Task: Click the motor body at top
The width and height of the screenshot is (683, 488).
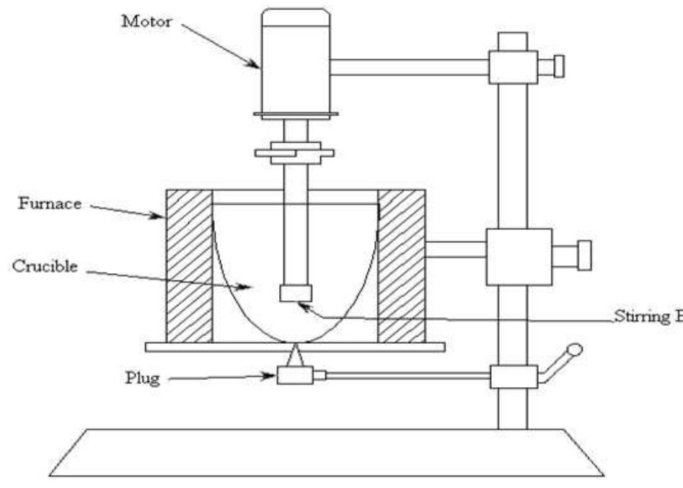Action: pyautogui.click(x=294, y=65)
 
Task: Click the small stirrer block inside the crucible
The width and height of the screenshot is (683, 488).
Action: pyautogui.click(x=295, y=293)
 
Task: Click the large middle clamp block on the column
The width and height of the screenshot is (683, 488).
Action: pyautogui.click(x=519, y=256)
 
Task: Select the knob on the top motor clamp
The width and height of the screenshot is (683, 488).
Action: pyautogui.click(x=556, y=66)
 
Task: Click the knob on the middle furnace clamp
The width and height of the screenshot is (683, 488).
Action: pyautogui.click(x=583, y=256)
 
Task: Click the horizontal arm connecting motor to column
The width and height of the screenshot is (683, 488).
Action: pyautogui.click(x=409, y=66)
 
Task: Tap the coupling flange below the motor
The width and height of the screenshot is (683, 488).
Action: pyautogui.click(x=294, y=153)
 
